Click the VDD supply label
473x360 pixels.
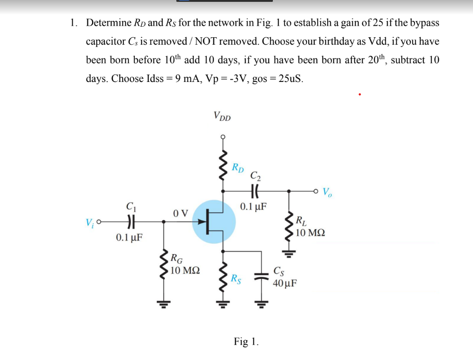(x=222, y=116)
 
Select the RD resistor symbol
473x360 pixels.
(x=224, y=163)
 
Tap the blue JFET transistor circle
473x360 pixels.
(x=213, y=221)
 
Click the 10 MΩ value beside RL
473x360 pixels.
(x=310, y=233)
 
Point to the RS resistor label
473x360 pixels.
(x=236, y=278)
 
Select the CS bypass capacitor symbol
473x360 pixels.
(x=261, y=277)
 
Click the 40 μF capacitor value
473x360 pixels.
(x=285, y=283)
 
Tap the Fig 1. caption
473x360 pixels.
(x=246, y=342)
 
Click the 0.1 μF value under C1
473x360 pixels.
(x=129, y=238)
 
